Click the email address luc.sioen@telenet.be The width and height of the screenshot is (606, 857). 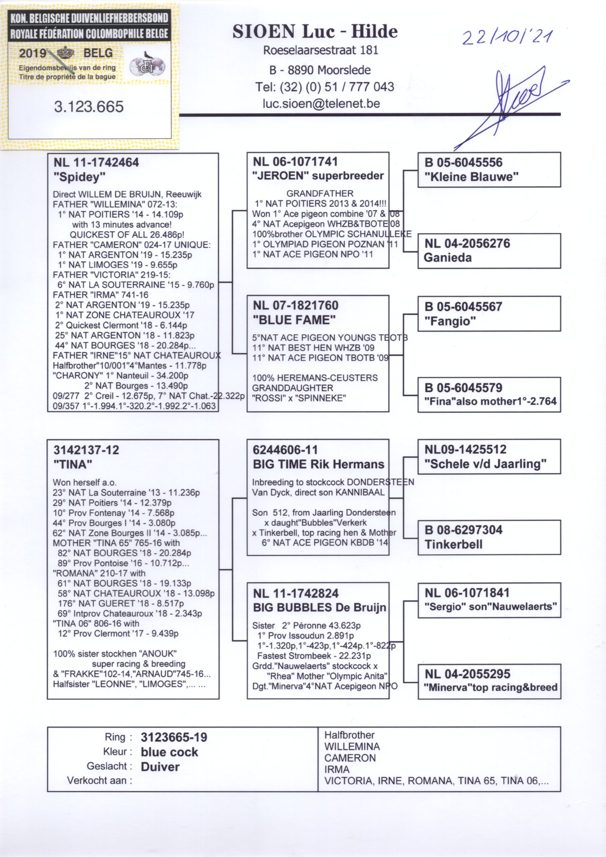tap(321, 104)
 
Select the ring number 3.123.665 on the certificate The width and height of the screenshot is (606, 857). tap(89, 107)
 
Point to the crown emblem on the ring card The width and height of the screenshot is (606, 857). tap(65, 53)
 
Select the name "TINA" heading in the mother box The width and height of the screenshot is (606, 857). tap(73, 464)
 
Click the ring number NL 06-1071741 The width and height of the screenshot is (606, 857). tap(295, 162)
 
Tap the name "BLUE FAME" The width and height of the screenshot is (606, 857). tap(294, 320)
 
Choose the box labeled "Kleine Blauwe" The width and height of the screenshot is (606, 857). tap(489, 170)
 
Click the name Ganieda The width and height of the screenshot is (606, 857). tap(447, 258)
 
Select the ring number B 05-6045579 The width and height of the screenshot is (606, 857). tap(463, 388)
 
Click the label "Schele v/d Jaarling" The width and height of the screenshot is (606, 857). tap(485, 464)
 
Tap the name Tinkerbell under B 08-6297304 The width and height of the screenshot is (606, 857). tap(454, 545)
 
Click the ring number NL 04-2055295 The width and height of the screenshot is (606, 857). tap(467, 674)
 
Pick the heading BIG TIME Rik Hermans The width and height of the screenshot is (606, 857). tap(319, 464)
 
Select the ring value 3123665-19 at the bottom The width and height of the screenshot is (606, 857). tap(174, 737)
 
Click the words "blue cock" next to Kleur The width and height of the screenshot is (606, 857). tap(170, 752)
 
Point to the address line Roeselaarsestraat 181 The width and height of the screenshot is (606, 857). tap(321, 50)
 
